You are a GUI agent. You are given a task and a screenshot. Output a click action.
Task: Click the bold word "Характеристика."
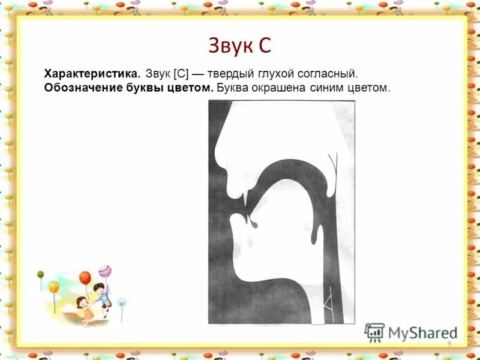[92, 74]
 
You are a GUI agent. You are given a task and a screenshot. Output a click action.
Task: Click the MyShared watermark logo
[410, 333]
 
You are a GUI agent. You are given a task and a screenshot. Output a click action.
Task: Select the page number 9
[449, 343]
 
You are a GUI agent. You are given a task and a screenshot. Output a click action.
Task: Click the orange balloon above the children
[85, 278]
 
